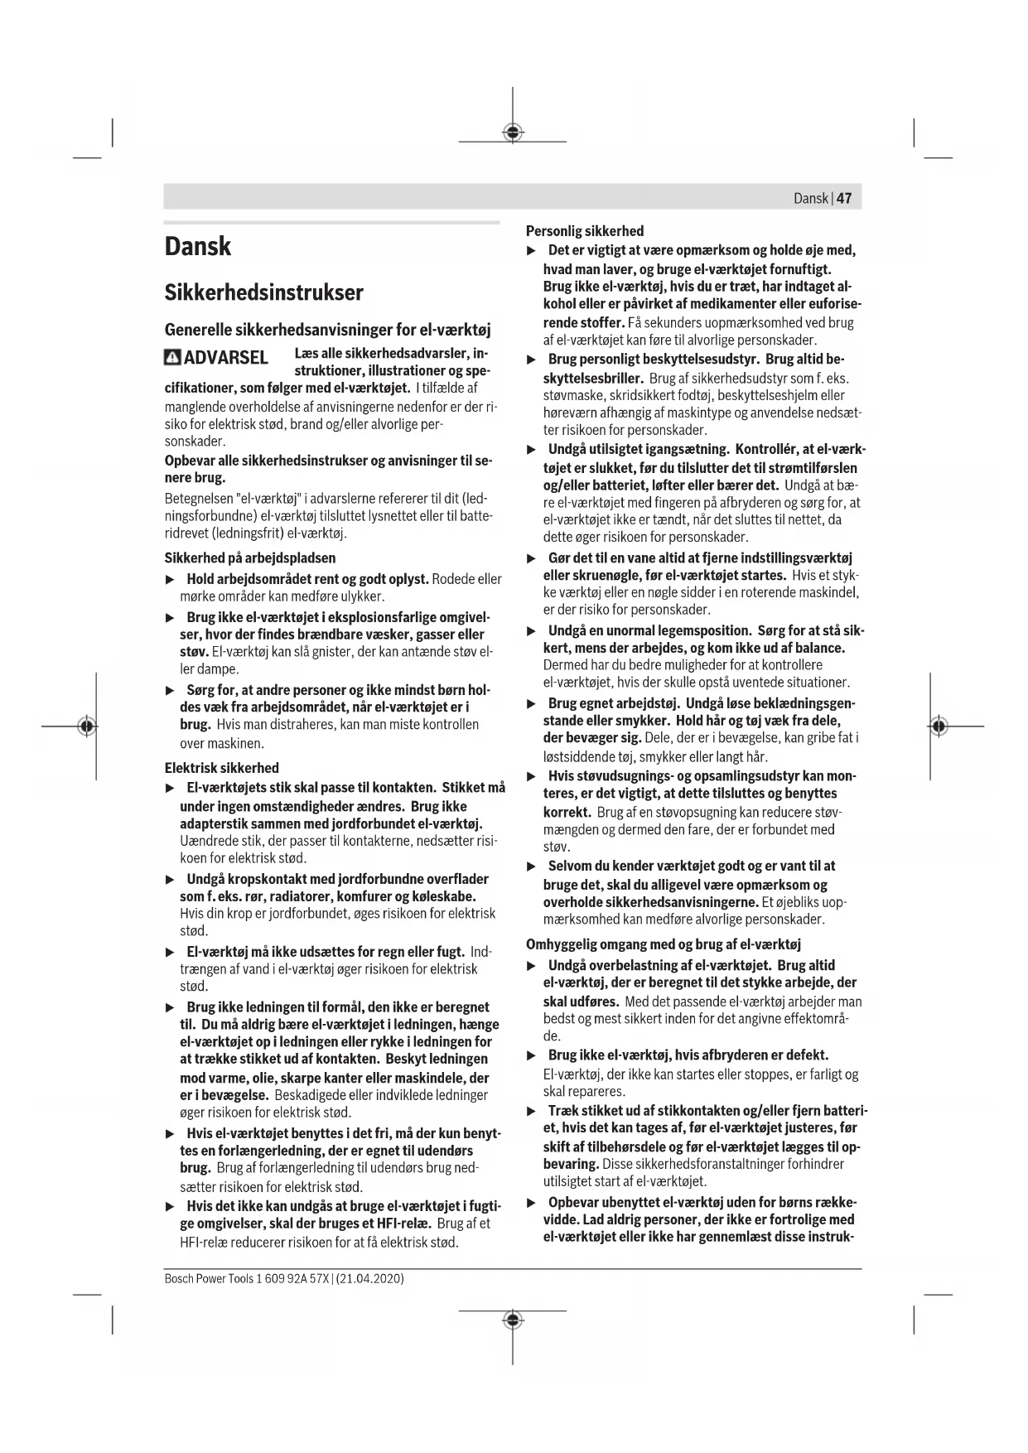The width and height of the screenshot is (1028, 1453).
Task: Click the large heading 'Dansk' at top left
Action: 198,246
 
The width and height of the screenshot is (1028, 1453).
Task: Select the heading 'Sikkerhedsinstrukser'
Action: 263,292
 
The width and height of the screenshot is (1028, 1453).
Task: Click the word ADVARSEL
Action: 225,358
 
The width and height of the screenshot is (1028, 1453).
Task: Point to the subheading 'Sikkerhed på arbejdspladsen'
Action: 249,558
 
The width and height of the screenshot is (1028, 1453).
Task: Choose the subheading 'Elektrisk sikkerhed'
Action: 221,768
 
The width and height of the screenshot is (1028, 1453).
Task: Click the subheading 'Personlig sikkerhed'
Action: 585,231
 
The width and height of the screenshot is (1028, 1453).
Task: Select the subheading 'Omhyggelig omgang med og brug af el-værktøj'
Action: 664,944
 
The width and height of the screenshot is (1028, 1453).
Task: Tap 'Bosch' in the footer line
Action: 178,1279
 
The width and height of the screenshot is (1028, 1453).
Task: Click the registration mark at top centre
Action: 513,132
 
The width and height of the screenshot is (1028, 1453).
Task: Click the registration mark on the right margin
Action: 938,726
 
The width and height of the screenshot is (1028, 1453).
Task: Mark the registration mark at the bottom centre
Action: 513,1320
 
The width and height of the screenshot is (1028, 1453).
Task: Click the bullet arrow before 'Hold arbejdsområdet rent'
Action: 171,579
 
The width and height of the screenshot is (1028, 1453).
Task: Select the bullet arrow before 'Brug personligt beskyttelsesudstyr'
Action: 533,360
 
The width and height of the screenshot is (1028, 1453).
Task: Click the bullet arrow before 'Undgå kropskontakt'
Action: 171,880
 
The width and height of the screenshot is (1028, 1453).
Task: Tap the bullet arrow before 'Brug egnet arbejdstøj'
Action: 533,704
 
